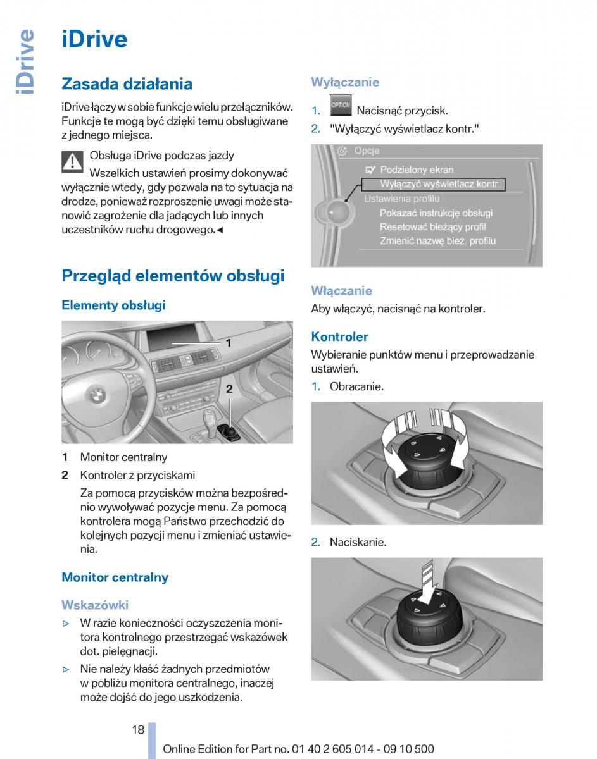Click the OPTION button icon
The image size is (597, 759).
pyautogui.click(x=341, y=105)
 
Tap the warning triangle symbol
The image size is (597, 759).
pyautogui.click(x=72, y=162)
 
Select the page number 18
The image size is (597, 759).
pyautogui.click(x=138, y=730)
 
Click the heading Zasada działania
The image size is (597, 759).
pyautogui.click(x=127, y=84)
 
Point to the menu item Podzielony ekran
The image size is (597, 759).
pyautogui.click(x=417, y=170)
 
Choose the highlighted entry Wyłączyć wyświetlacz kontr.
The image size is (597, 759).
pyautogui.click(x=434, y=185)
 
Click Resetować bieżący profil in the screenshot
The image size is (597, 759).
pyautogui.click(x=433, y=227)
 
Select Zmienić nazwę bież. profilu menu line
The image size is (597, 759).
pyautogui.click(x=437, y=241)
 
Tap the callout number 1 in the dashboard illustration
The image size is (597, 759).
pyautogui.click(x=229, y=343)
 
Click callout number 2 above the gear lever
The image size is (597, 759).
pyautogui.click(x=229, y=389)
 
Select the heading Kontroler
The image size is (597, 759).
pyautogui.click(x=339, y=336)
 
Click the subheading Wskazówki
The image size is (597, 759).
pyautogui.click(x=95, y=605)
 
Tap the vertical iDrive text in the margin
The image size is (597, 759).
pyautogui.click(x=25, y=62)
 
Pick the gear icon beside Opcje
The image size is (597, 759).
pyautogui.click(x=342, y=151)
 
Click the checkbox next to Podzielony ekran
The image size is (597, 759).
pyautogui.click(x=370, y=170)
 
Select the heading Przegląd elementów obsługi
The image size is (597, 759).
pyautogui.click(x=173, y=276)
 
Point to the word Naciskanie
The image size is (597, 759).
pyautogui.click(x=358, y=542)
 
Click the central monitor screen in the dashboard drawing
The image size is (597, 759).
pyautogui.click(x=172, y=337)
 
